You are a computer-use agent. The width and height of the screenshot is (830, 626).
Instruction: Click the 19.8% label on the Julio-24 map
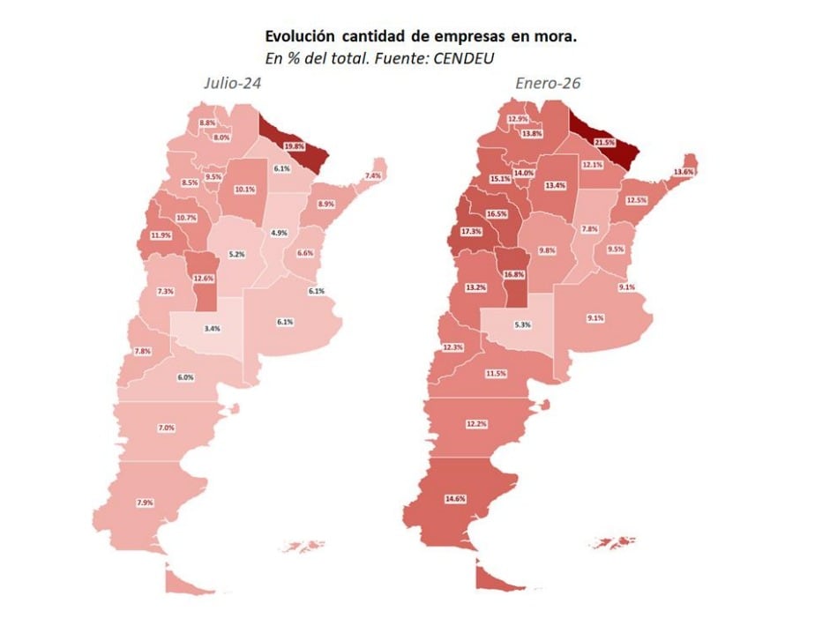point(295,146)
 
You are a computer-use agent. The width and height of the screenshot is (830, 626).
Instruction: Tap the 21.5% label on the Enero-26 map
point(604,142)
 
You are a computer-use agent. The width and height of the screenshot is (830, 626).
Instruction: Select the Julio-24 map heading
point(231,84)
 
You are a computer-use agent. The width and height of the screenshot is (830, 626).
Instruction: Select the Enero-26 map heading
point(548,84)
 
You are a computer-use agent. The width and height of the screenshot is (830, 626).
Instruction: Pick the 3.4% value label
point(212,328)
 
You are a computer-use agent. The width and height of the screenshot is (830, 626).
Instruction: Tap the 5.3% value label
point(522,324)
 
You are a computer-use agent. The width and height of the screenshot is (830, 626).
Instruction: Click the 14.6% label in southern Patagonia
point(455,499)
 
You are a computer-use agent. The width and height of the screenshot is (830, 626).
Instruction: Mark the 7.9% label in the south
point(145,503)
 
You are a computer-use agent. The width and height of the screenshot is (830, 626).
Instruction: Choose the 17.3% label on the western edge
point(471,232)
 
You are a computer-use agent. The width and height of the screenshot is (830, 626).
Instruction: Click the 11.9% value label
point(161,235)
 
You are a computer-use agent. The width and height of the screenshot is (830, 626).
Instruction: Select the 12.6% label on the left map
point(204,279)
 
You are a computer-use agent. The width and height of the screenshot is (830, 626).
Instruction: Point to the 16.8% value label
point(514,274)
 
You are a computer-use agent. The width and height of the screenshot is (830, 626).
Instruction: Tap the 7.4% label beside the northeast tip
point(373,176)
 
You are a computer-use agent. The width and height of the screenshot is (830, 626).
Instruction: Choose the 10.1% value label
point(244,190)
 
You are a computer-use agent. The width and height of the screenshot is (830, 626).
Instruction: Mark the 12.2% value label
point(476,424)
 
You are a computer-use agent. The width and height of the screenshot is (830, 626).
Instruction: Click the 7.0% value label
point(167,428)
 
